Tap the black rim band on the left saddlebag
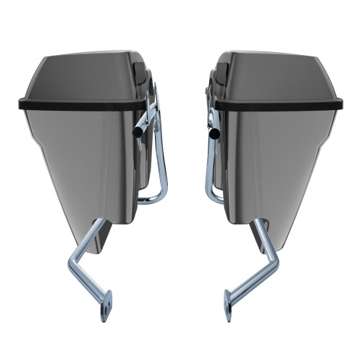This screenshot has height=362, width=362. tap(72, 104)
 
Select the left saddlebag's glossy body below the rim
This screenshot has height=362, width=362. tap(80, 159)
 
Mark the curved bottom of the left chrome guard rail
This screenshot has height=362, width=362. tap(156, 199)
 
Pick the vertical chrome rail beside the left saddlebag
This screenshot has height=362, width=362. tap(164, 159)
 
